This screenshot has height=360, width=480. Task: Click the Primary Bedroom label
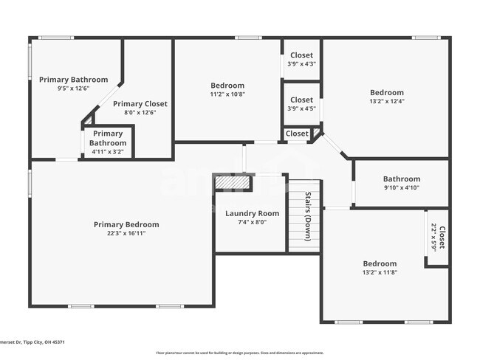[126, 224]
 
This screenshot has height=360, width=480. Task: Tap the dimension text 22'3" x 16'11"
[126, 234]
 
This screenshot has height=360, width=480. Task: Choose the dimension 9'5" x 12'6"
[73, 89]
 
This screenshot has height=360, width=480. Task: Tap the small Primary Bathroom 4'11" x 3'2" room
[107, 142]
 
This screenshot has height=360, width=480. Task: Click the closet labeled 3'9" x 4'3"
[301, 59]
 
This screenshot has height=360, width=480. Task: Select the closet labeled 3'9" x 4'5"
[301, 104]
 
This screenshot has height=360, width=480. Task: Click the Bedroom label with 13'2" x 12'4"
[387, 92]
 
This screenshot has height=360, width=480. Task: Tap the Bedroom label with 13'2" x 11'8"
[380, 263]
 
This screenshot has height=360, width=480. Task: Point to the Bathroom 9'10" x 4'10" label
[401, 179]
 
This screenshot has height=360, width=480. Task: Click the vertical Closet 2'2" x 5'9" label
[438, 238]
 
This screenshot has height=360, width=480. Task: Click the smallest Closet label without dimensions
[297, 134]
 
